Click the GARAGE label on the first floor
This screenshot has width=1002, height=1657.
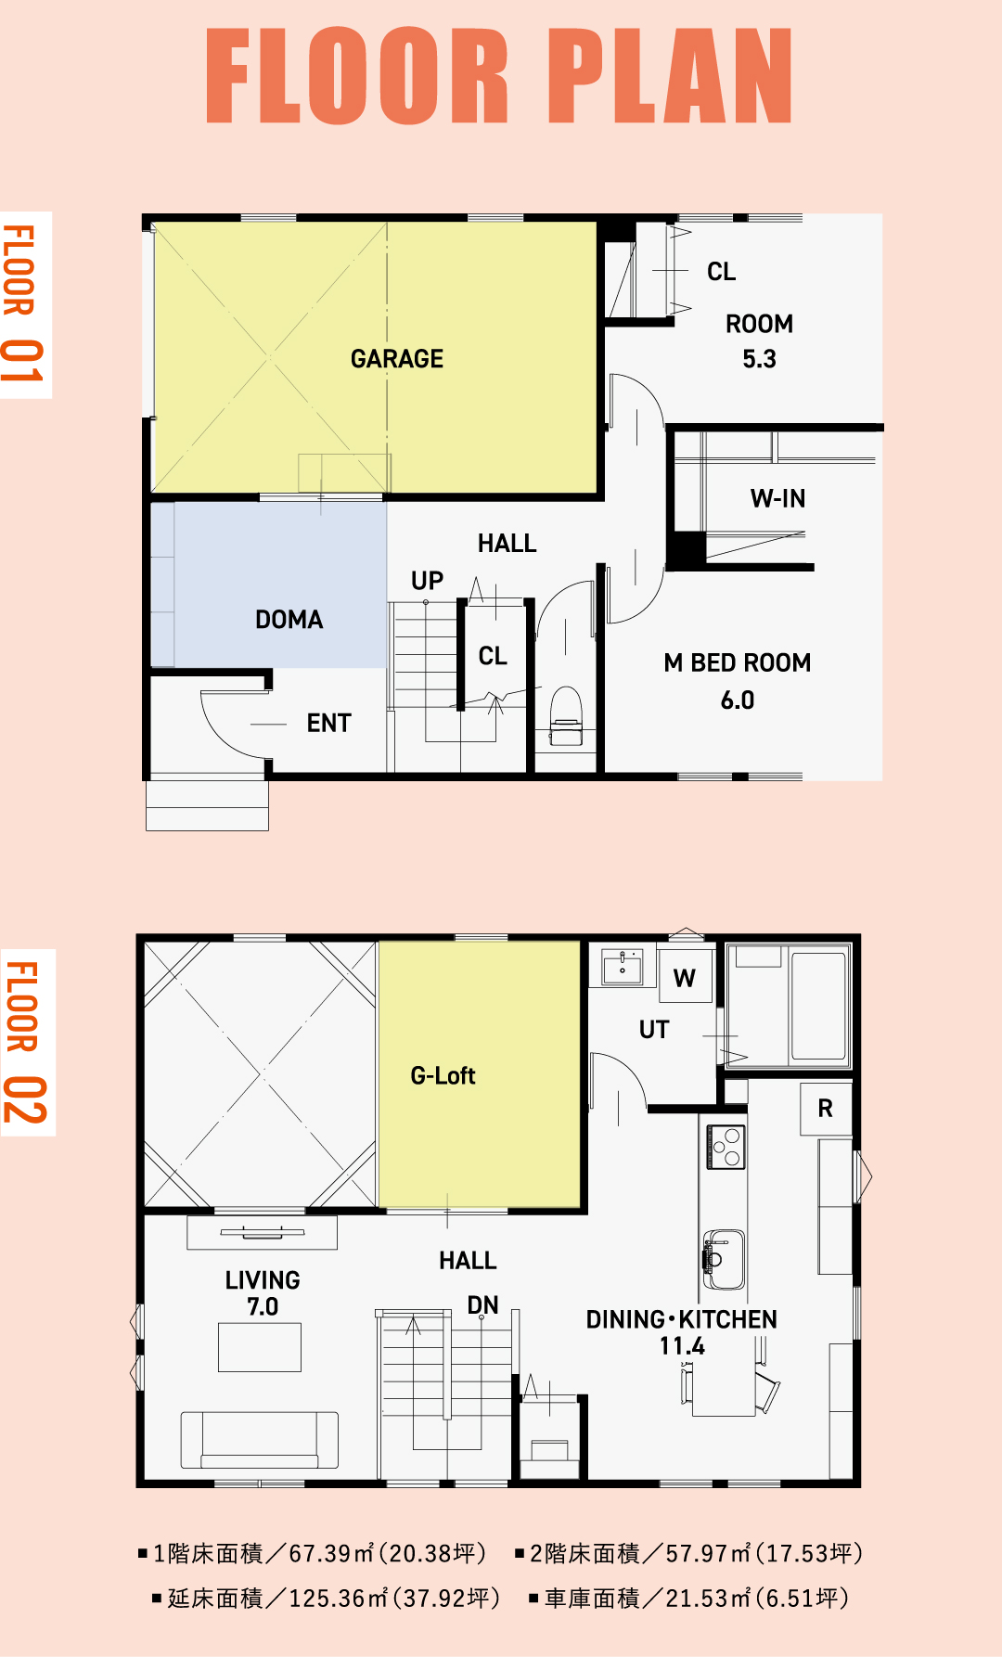[397, 359]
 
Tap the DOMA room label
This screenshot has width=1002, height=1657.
[289, 620]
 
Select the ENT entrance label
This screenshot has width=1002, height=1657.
[329, 724]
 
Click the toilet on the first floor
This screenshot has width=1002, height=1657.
[566, 716]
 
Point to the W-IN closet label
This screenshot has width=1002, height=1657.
[778, 499]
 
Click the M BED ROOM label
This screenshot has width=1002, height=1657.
[738, 663]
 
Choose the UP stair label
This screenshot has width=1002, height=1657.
[428, 581]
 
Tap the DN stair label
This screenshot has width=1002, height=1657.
[482, 1305]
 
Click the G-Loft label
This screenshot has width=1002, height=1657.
[443, 1076]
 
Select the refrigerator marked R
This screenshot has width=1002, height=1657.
[826, 1109]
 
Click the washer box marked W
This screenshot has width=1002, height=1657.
[685, 977]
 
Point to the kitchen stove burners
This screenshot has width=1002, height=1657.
[726, 1147]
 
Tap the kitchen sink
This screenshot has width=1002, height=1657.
[724, 1259]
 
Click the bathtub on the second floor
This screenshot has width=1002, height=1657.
[818, 1005]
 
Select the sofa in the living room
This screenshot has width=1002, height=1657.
[260, 1440]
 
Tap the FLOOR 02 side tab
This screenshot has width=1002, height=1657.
[28, 1042]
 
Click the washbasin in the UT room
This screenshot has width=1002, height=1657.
[623, 967]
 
